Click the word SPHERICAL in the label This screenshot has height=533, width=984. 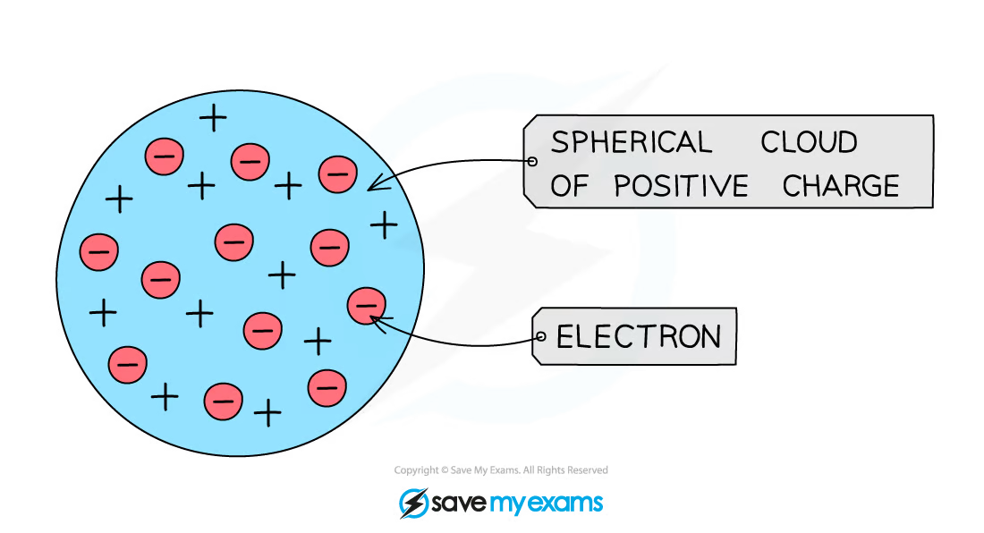click(631, 142)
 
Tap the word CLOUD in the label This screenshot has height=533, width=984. click(809, 142)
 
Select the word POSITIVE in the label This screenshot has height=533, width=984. click(681, 186)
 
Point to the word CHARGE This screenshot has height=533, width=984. click(840, 186)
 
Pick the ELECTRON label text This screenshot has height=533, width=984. click(638, 336)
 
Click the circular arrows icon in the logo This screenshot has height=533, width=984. click(412, 502)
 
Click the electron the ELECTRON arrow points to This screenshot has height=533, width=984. click(365, 305)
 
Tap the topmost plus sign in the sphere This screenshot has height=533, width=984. click(213, 117)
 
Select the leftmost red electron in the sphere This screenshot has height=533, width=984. click(98, 252)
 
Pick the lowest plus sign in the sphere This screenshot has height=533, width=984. click(267, 412)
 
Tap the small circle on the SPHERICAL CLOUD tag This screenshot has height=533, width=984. click(532, 161)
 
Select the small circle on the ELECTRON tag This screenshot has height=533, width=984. click(540, 336)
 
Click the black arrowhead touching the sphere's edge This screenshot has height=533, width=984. click(372, 186)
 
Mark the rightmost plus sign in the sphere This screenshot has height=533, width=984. click(384, 224)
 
